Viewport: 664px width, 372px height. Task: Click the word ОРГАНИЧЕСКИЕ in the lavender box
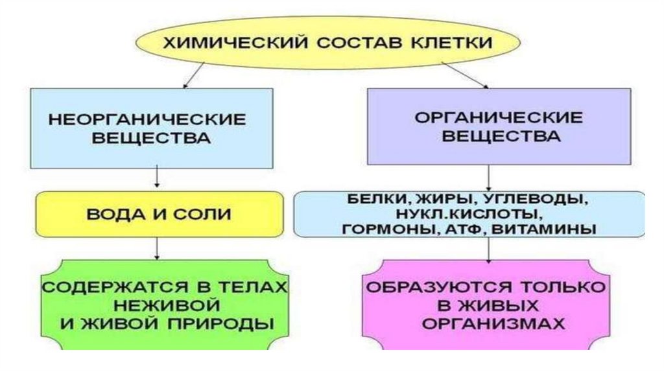[x=498, y=118]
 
